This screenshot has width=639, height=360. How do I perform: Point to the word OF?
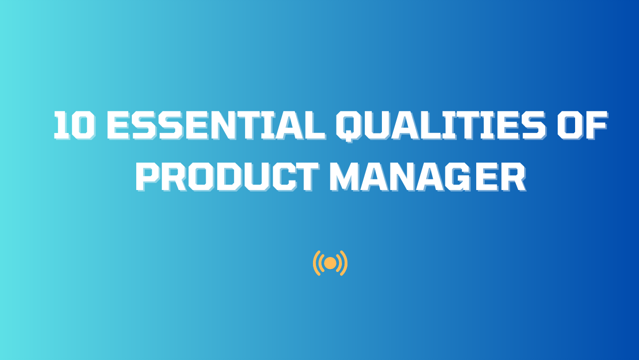tap(582, 125)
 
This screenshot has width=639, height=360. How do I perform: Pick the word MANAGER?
tap(427, 176)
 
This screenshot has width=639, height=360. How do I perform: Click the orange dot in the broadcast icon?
tap(330, 263)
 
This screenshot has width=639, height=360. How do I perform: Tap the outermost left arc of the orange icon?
tap(315, 263)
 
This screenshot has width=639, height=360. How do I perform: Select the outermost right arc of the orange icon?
tap(345, 263)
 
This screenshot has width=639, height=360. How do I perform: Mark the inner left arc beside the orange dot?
tap(321, 263)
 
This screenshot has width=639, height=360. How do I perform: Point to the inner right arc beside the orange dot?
tap(339, 263)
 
